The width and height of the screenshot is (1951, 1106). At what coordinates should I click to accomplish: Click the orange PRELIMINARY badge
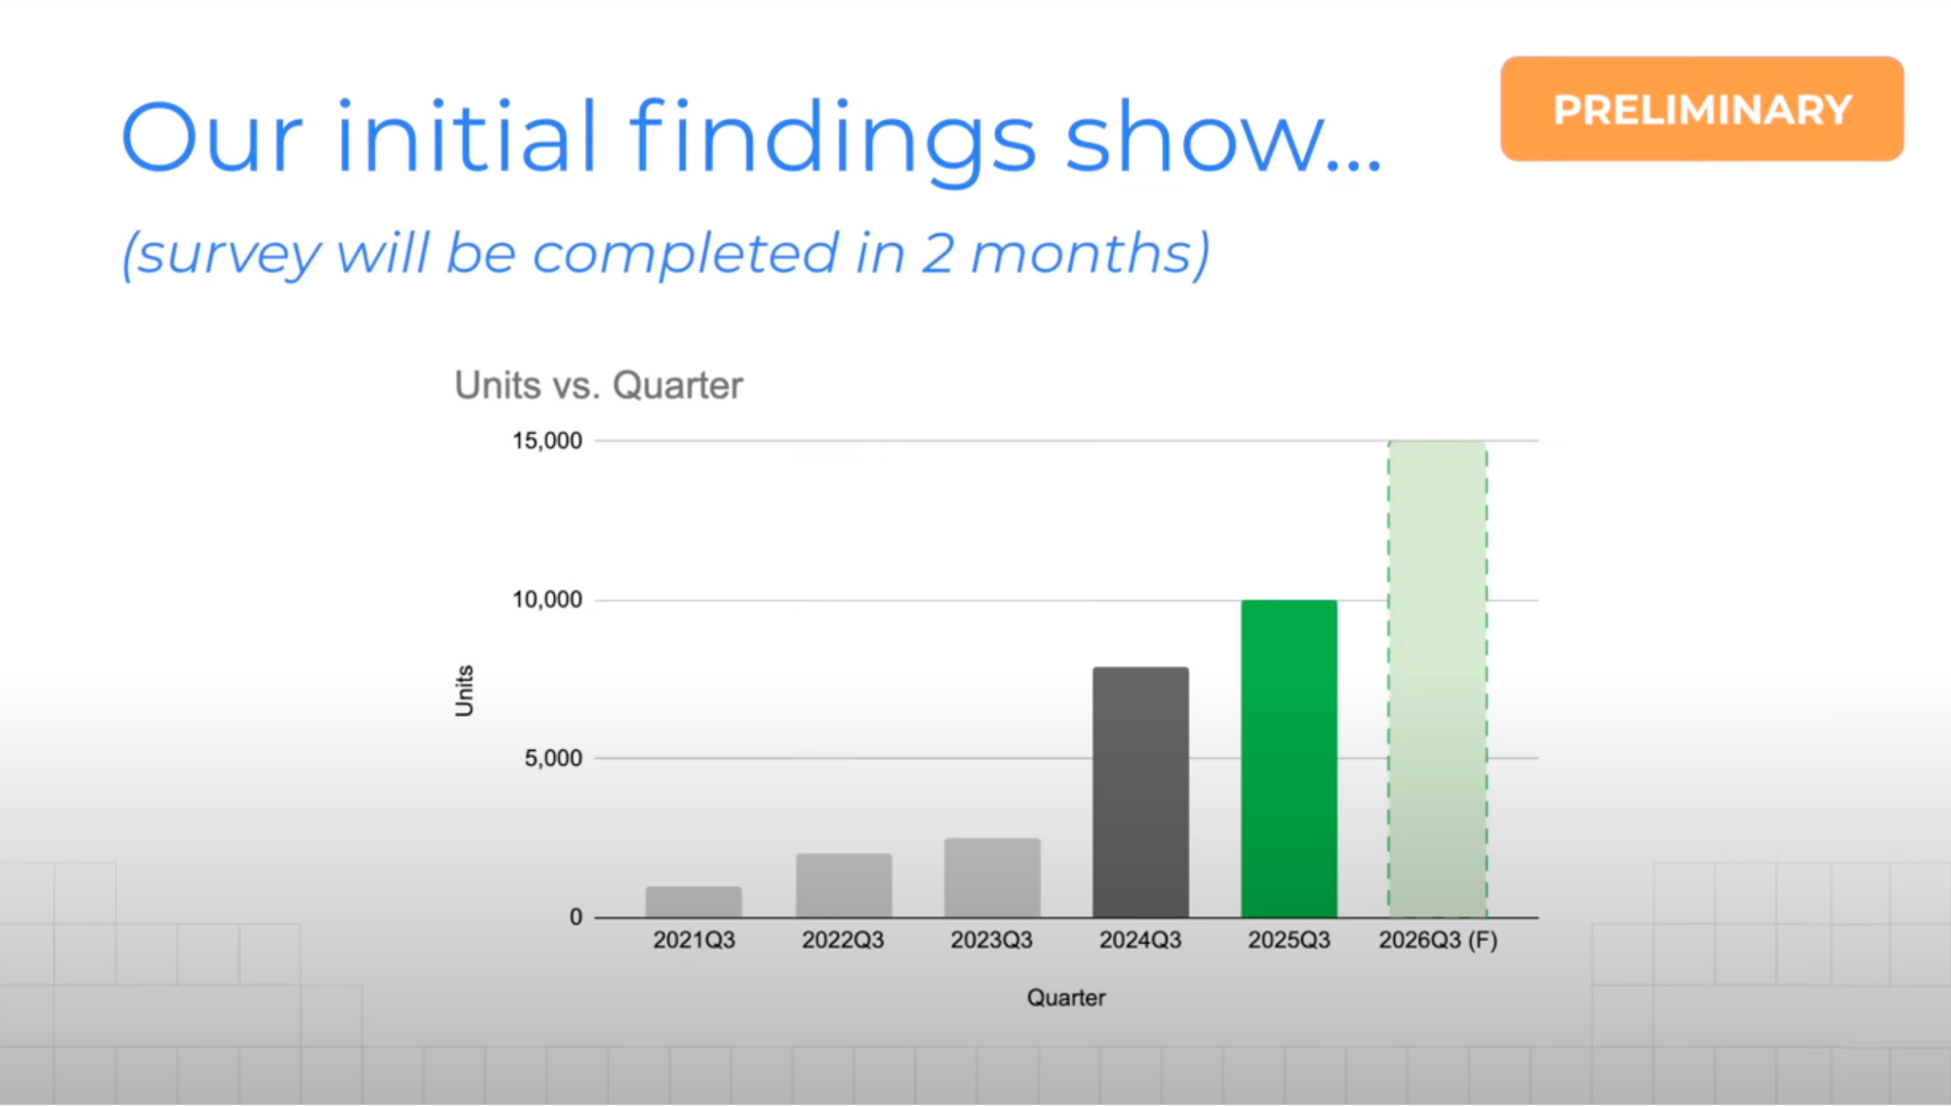[x=1702, y=108]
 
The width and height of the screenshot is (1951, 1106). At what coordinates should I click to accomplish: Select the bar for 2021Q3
[x=694, y=902]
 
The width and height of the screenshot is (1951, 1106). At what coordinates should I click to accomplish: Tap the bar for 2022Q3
[x=844, y=886]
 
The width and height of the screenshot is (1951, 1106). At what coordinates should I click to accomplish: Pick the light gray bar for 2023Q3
[x=992, y=878]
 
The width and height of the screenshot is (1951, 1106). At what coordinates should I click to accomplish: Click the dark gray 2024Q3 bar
[x=1140, y=792]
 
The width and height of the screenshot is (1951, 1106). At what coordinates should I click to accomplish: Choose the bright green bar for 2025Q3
[x=1289, y=759]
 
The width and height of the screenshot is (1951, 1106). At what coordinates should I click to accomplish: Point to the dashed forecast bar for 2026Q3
[x=1438, y=679]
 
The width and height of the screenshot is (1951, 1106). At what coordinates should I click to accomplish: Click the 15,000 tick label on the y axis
[x=547, y=441]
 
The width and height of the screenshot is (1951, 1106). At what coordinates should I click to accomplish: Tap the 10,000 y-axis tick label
[x=547, y=600]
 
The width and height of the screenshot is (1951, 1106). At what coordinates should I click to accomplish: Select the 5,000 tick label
[x=553, y=758]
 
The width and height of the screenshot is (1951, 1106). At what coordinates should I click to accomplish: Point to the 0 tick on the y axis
[x=576, y=917]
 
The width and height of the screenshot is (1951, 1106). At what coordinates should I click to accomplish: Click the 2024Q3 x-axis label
[x=1140, y=940]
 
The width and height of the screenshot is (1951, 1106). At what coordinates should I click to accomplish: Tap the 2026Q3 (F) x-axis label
[x=1438, y=940]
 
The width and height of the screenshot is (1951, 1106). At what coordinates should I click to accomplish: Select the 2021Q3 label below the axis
[x=694, y=940]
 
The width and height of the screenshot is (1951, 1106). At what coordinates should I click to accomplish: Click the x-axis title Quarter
[x=1066, y=998]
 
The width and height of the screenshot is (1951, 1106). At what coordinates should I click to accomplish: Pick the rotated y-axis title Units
[x=464, y=691]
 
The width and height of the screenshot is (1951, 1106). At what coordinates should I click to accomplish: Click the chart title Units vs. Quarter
[x=599, y=385]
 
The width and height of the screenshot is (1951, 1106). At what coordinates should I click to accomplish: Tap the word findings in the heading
[x=832, y=138]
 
